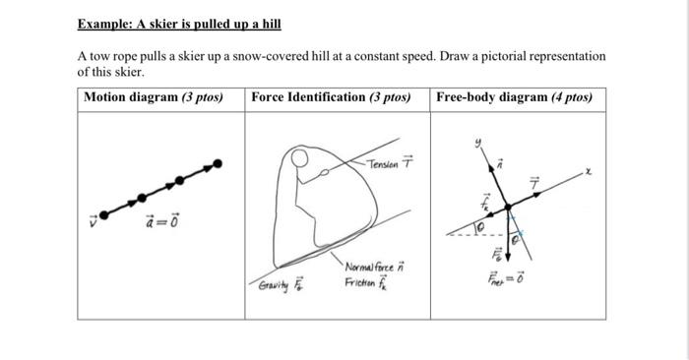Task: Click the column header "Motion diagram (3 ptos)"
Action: [x=154, y=97]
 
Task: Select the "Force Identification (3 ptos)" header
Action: [x=331, y=97]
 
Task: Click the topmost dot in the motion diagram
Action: [x=218, y=164]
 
